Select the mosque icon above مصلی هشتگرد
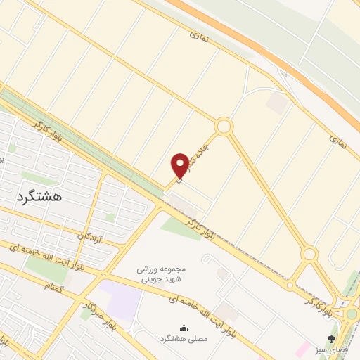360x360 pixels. (x=184, y=327)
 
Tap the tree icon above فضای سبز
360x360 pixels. (x=331, y=338)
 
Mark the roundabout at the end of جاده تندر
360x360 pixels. (x=224, y=127)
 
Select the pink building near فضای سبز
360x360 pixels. (x=303, y=348)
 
